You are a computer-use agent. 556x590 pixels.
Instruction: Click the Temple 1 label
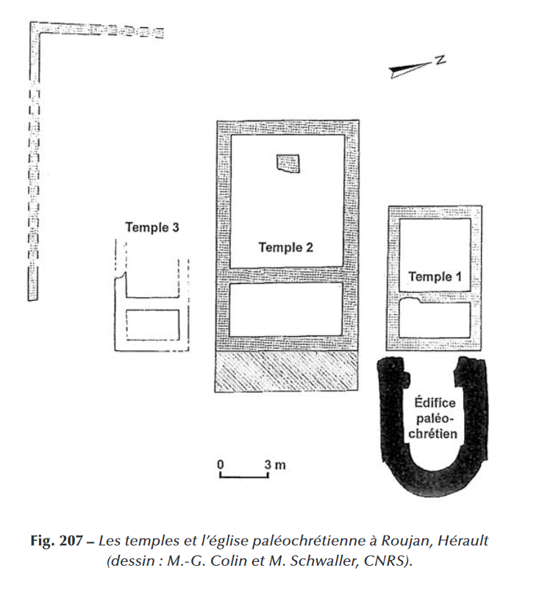(434, 277)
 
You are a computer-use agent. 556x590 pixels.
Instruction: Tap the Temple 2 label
(286, 247)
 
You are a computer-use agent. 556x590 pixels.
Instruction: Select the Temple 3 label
(152, 227)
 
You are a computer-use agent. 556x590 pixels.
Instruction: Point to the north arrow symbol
(410, 68)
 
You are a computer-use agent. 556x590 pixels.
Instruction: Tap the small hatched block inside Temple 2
(288, 163)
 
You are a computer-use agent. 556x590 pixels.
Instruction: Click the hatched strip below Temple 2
(286, 372)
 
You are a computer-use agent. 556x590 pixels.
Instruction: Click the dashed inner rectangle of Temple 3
(153, 324)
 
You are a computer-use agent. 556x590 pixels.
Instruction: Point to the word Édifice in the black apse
(434, 405)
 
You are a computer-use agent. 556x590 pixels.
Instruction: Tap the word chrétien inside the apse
(434, 434)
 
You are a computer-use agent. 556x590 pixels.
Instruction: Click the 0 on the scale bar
(220, 465)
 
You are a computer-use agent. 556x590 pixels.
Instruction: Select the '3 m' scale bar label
(276, 465)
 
